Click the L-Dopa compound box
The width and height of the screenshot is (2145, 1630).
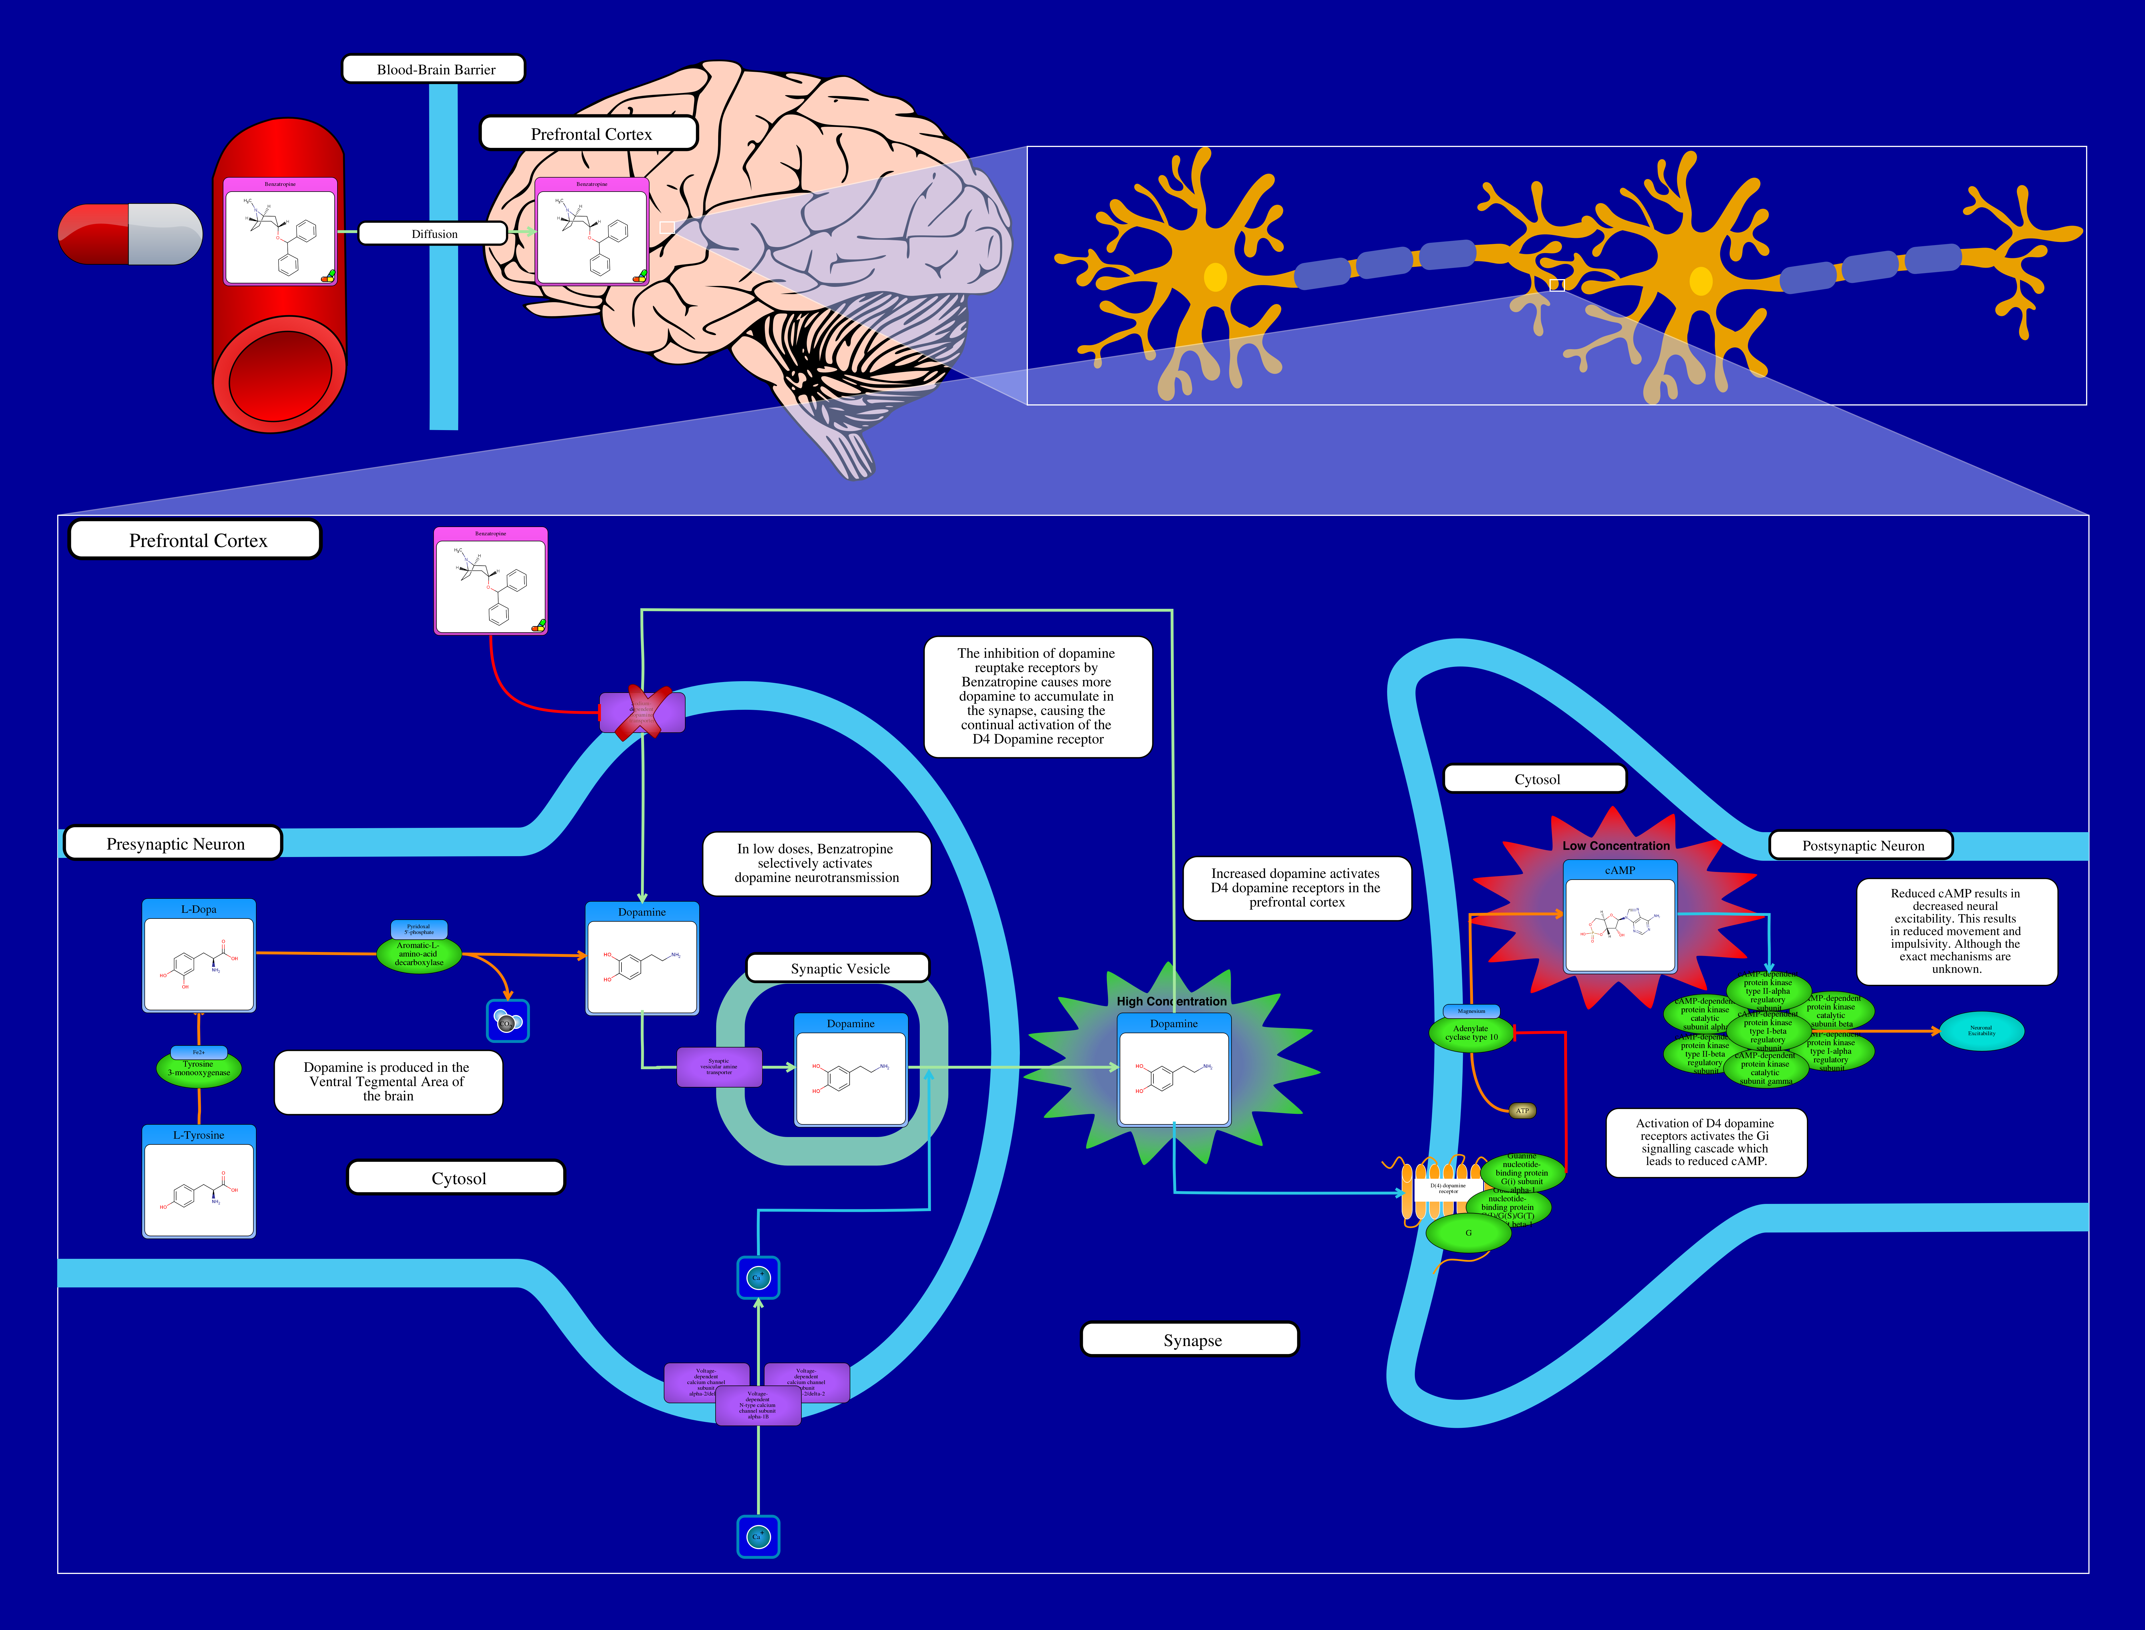pos(199,956)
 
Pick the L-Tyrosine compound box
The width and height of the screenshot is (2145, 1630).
pos(199,1182)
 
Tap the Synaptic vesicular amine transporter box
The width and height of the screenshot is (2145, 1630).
pos(719,1066)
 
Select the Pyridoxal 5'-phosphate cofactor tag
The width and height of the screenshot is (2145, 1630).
pos(419,929)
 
